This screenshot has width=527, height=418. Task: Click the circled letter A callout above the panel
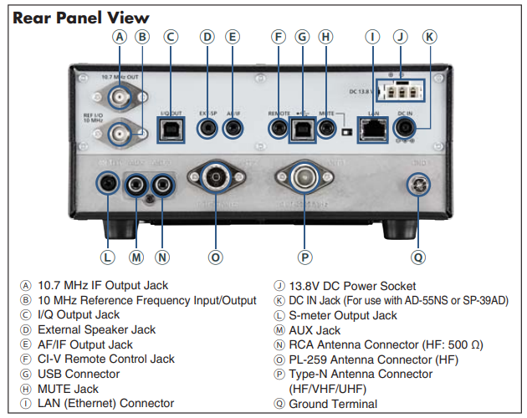tap(120, 37)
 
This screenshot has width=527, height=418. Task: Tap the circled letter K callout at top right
tap(429, 37)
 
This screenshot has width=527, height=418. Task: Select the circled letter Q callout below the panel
tap(417, 257)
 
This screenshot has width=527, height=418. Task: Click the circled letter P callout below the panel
tap(306, 257)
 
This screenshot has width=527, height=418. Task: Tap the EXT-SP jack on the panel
tap(207, 128)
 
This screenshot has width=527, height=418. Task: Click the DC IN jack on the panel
tap(406, 127)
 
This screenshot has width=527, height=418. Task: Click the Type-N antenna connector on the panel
tap(306, 177)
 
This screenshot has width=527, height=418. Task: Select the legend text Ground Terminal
tap(333, 404)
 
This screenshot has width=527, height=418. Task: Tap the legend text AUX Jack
tap(315, 330)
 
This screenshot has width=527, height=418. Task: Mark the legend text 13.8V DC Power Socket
tap(352, 286)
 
